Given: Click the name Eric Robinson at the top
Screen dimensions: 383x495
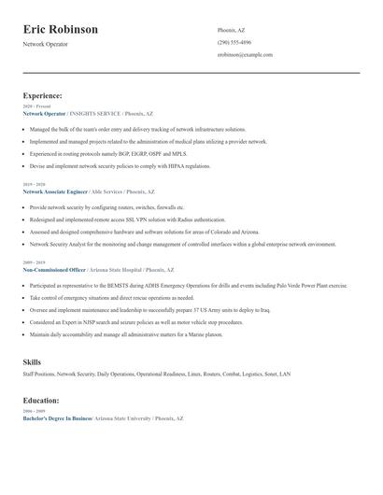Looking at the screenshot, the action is [x=61, y=30].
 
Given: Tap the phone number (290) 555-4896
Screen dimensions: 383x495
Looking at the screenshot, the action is [x=234, y=43].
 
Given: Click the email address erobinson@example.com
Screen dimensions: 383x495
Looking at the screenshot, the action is [x=245, y=55].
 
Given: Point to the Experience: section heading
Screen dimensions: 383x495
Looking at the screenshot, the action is [x=43, y=95].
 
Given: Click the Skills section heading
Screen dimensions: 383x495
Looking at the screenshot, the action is [x=32, y=361].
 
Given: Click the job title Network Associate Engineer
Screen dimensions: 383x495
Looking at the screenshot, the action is [x=53, y=191].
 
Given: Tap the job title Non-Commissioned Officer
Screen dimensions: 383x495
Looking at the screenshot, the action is [x=54, y=268].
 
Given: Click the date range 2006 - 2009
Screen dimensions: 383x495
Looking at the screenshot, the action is [x=33, y=412].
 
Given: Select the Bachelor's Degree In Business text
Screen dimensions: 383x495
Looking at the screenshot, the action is [x=57, y=419].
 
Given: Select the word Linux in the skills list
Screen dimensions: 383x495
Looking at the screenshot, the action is [x=194, y=374].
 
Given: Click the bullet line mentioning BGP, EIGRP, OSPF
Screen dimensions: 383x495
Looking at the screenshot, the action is [x=107, y=153].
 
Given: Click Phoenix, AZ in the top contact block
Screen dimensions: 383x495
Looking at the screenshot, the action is [x=233, y=30].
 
